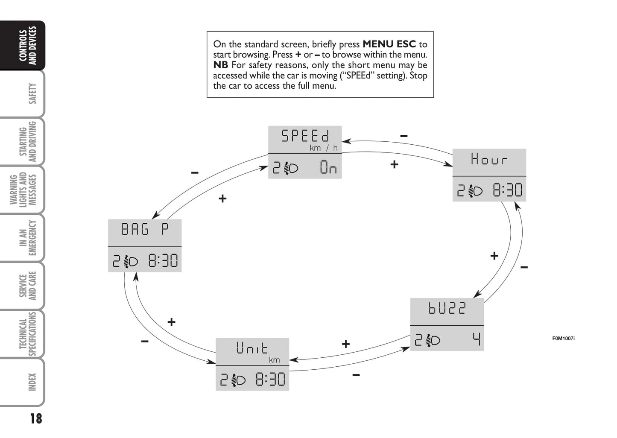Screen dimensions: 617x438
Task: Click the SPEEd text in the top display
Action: coord(305,136)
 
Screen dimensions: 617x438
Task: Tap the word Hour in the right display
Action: coord(489,159)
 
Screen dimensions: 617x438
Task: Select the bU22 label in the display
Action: coord(447,308)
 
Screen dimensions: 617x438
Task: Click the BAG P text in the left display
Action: coord(145,229)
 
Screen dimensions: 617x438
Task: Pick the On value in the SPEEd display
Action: coord(328,167)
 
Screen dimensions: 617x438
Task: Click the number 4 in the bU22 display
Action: coord(477,339)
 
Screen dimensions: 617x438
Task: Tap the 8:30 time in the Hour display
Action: coord(507,190)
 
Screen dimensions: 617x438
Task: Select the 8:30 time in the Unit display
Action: coord(270,379)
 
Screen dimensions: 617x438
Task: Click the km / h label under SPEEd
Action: coord(324,148)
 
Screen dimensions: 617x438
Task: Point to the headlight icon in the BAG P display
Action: coord(131,261)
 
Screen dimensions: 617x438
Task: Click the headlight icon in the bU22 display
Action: coord(433,341)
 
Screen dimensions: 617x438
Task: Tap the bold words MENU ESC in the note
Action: coord(389,44)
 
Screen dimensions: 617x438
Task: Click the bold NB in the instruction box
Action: coord(221,65)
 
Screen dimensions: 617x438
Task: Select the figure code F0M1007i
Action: coord(564,339)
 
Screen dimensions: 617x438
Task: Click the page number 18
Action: coord(36,419)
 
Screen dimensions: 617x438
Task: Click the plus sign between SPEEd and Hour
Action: coord(394,164)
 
